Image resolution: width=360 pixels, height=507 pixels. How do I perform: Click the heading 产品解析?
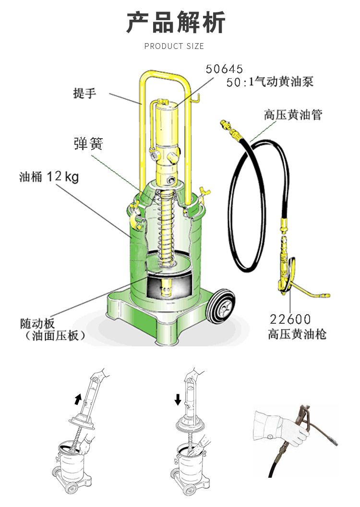point(175,23)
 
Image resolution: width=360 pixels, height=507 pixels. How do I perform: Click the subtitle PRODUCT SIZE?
point(174,46)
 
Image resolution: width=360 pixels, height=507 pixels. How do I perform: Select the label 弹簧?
point(88,143)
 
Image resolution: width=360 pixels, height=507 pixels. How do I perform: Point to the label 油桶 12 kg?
point(49,177)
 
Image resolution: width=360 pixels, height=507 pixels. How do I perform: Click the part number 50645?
point(225,69)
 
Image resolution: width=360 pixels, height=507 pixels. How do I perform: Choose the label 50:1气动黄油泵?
point(270,82)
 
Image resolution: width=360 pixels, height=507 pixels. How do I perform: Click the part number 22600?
point(290,319)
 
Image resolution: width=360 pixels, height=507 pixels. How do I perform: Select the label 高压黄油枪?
point(297,334)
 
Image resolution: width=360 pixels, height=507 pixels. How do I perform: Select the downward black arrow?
point(178,399)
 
